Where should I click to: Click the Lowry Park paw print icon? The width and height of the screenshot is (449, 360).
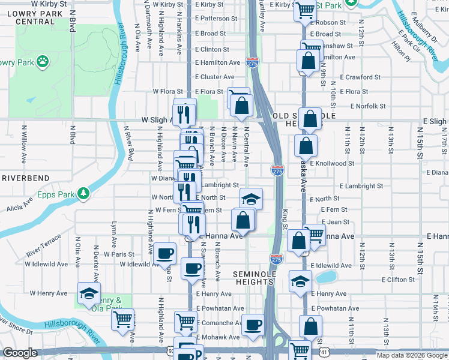[x=43, y=61]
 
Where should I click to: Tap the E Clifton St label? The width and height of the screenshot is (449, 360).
[x=402, y=280]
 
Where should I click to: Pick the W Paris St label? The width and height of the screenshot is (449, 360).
[x=119, y=254]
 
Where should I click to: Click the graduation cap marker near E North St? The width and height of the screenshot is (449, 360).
[x=252, y=199]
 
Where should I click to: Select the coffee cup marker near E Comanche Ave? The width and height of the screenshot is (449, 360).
[x=253, y=325]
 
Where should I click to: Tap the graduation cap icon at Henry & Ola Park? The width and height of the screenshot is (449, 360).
[x=89, y=293]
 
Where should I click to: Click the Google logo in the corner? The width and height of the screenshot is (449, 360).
[x=20, y=353]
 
